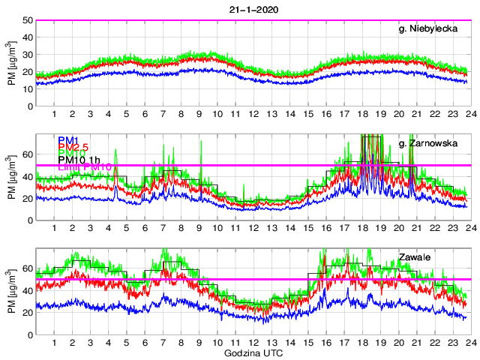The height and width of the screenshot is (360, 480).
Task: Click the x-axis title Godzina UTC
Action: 251,352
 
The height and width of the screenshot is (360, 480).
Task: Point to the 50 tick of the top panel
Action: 26,20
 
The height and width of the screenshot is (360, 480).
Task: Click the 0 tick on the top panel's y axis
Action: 29,106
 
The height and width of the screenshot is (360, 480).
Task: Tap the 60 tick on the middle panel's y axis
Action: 26,154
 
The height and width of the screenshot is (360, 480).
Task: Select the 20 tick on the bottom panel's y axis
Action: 26,313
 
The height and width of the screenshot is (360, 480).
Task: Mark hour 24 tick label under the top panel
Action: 467,114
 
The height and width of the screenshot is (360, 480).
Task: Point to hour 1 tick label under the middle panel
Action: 54,228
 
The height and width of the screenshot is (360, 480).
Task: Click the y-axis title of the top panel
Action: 11,64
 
